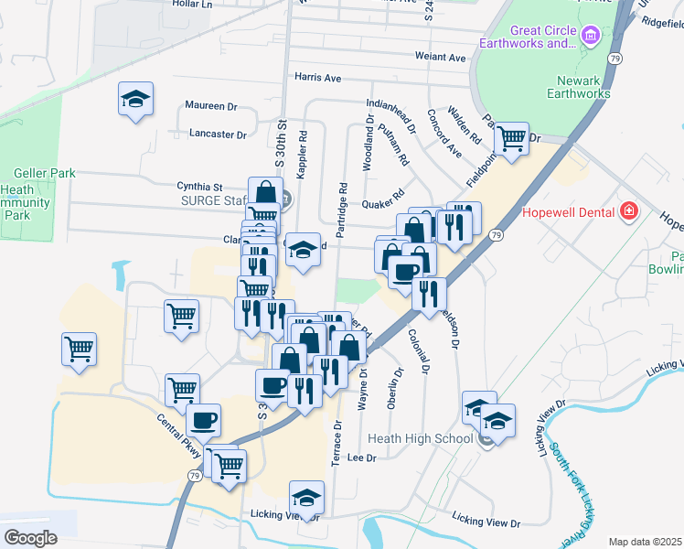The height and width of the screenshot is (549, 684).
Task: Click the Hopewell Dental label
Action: point(567,212)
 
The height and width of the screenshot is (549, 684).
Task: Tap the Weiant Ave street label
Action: point(441,58)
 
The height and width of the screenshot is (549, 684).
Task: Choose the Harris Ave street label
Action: point(317,78)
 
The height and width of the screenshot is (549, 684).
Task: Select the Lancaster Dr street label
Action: point(218,134)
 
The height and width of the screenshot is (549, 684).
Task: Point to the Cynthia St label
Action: point(200,186)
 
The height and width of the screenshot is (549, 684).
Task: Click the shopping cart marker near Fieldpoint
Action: point(511,138)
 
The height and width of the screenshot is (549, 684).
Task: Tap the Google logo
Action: point(30,537)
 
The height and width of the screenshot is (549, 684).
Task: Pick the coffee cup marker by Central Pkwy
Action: point(203,421)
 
